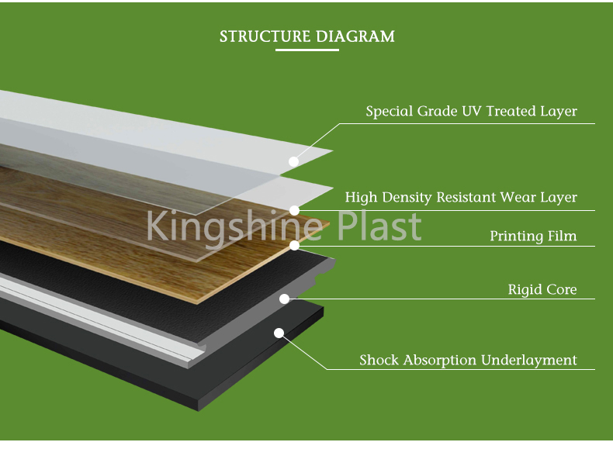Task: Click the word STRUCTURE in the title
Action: [x=265, y=36]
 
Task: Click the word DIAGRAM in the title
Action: [x=355, y=36]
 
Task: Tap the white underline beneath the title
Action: [x=307, y=50]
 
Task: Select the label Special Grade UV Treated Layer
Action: [x=471, y=112]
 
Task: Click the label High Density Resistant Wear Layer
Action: [x=461, y=197]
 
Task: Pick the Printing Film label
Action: [x=533, y=236]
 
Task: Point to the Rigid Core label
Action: [x=542, y=289]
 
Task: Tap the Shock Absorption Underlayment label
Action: [x=468, y=360]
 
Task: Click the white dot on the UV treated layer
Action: [x=293, y=161]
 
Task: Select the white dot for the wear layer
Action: [x=294, y=211]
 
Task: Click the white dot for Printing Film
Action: [x=294, y=245]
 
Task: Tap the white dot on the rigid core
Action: [x=285, y=299]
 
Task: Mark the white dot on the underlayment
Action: [x=279, y=333]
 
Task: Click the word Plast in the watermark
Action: [x=379, y=226]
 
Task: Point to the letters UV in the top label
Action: [x=472, y=111]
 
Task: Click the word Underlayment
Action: [x=528, y=361]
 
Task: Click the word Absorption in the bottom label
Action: [x=440, y=361]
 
